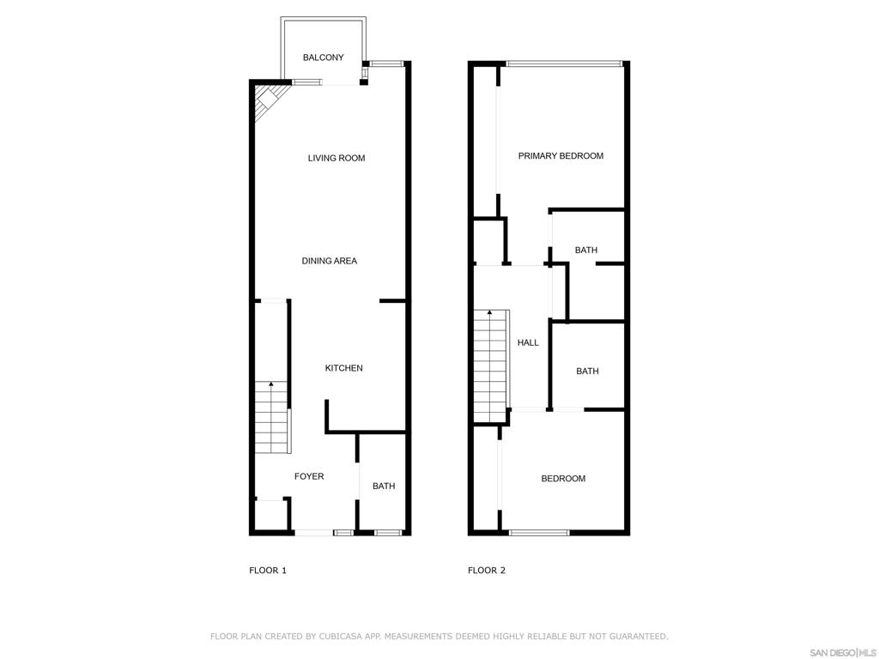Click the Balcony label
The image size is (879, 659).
323,57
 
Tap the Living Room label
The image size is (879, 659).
336,158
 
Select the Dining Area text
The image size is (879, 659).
329,261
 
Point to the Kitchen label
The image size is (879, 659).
343,368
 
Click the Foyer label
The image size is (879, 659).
309,476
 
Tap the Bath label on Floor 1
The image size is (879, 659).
384,486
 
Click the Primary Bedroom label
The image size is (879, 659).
561,156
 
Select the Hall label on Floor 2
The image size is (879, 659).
528,342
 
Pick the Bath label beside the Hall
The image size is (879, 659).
587,371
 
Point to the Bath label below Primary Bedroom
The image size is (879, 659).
585,250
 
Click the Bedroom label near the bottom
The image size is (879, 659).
563,479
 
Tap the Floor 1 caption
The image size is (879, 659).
268,571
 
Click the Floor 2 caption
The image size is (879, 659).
487,571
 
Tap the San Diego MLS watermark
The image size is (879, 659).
843,653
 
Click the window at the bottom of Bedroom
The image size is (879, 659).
539,532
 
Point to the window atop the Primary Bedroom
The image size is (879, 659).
565,63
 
